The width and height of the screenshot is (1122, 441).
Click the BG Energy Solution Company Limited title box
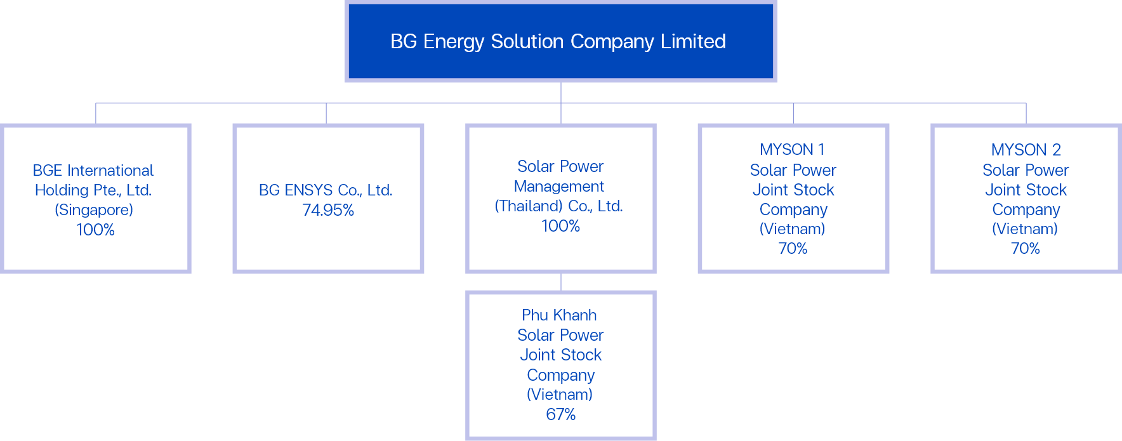(x=560, y=41)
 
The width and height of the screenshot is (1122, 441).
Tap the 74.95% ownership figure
(x=328, y=210)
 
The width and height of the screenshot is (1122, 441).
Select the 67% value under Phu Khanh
(x=561, y=414)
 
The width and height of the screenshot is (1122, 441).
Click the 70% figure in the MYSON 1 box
(x=793, y=248)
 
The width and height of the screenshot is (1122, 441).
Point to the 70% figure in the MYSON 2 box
(x=1026, y=248)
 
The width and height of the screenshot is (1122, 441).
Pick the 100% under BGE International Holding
(x=96, y=230)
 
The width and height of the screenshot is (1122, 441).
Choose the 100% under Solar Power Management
(x=561, y=226)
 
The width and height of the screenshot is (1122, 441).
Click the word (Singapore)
(x=94, y=210)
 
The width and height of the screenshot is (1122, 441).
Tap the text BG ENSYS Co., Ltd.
(x=326, y=190)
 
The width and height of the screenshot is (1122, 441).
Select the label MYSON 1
(x=793, y=150)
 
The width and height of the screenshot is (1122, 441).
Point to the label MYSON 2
(x=1026, y=150)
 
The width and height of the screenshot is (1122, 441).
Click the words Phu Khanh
(x=559, y=315)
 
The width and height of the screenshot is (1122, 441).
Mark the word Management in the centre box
(x=559, y=187)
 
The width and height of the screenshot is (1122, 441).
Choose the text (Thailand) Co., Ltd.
(x=559, y=206)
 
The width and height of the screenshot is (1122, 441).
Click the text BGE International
(x=93, y=171)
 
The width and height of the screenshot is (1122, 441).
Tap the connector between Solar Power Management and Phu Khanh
(x=561, y=282)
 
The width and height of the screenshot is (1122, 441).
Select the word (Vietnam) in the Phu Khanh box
(x=560, y=395)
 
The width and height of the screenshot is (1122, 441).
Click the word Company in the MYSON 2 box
(x=1026, y=209)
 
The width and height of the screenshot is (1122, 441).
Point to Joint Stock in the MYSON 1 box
(x=793, y=190)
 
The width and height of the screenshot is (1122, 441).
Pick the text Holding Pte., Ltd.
(x=93, y=190)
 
